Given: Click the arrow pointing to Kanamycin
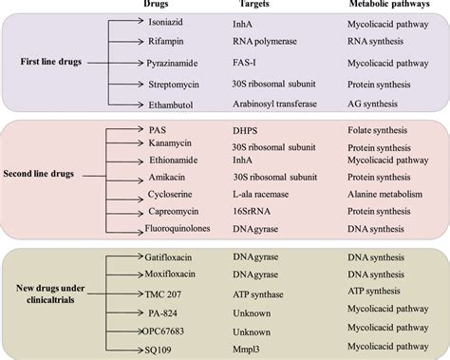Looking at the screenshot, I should [x=122, y=152].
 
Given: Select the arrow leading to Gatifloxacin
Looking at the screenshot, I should [x=122, y=256].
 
